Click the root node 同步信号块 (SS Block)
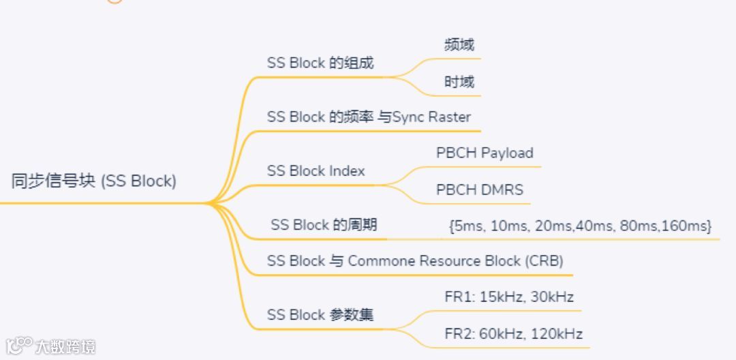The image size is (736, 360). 94,181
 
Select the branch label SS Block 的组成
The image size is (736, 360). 320,63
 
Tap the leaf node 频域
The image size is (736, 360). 459,45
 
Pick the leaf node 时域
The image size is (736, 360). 459,82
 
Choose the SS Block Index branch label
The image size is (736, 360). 316,171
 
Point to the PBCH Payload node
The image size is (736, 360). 485,153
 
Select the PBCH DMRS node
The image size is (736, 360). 480,190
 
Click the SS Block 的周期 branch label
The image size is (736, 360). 324,225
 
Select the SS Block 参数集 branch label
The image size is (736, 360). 320,315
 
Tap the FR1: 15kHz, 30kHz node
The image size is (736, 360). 509,297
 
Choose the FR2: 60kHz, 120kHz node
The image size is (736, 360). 513,334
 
